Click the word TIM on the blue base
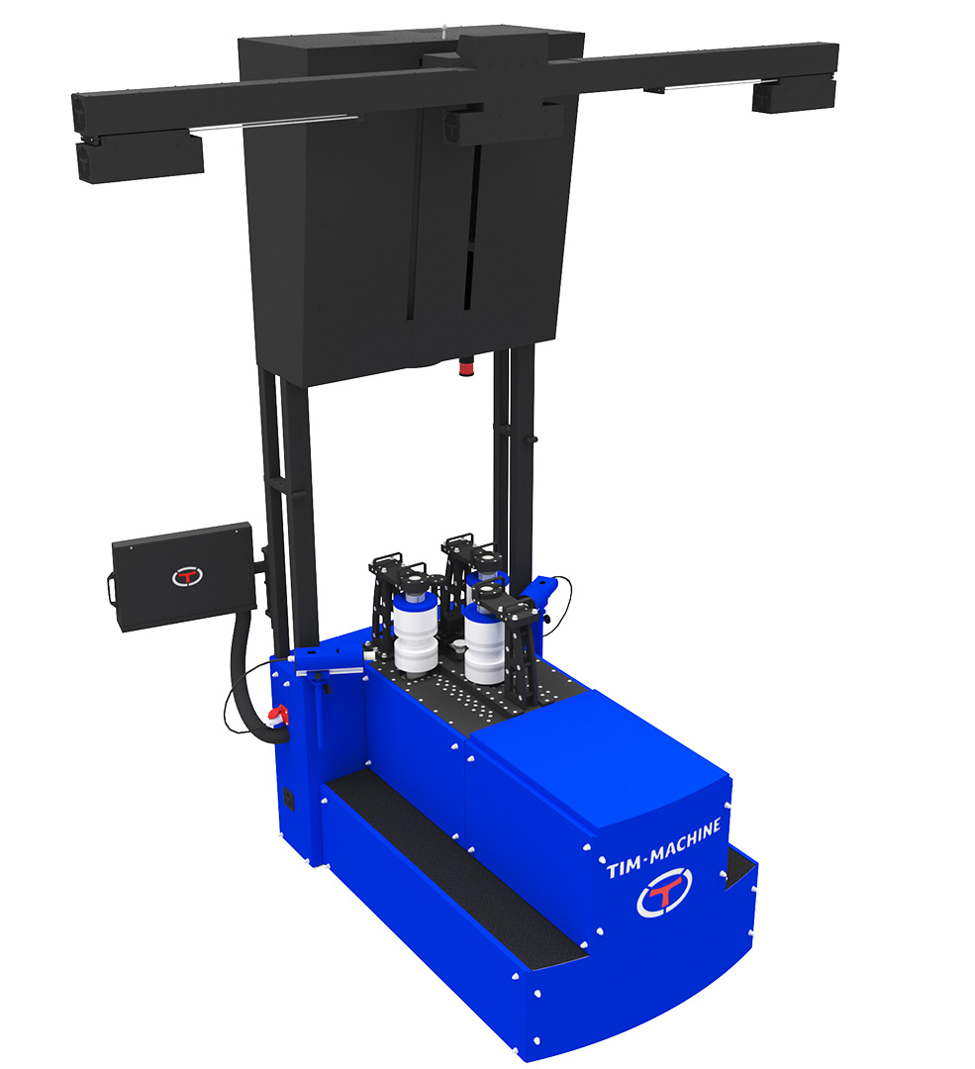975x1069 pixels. click(x=624, y=867)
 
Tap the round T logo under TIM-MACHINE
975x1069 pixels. click(x=664, y=893)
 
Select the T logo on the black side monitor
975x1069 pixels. click(x=187, y=577)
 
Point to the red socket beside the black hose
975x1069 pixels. click(x=278, y=716)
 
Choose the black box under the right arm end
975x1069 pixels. click(x=794, y=95)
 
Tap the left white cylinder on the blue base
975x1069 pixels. click(x=415, y=634)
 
